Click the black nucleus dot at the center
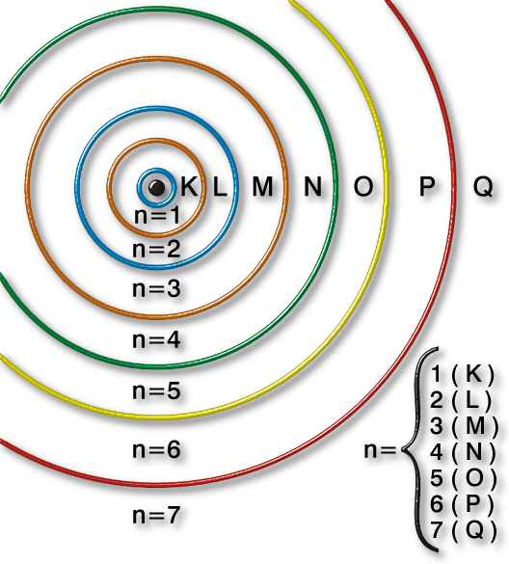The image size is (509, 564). [156, 187]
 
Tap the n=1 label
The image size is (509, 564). [157, 216]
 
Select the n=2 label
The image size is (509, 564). [156, 249]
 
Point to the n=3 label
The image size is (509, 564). [156, 288]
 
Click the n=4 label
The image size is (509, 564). [156, 340]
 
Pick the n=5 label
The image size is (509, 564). [156, 390]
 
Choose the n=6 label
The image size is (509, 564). [156, 449]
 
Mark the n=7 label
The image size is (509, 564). [156, 515]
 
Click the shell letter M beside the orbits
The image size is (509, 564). [262, 187]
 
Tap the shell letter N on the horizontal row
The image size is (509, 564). [313, 187]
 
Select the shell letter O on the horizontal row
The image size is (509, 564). [363, 187]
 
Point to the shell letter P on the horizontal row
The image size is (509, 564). [427, 187]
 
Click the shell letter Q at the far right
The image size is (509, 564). [483, 187]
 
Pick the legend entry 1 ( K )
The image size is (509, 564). [462, 374]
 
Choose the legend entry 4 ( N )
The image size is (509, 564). [463, 451]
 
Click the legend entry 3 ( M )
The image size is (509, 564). [465, 425]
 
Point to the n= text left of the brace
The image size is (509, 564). [380, 450]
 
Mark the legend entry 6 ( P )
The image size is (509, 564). [463, 503]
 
